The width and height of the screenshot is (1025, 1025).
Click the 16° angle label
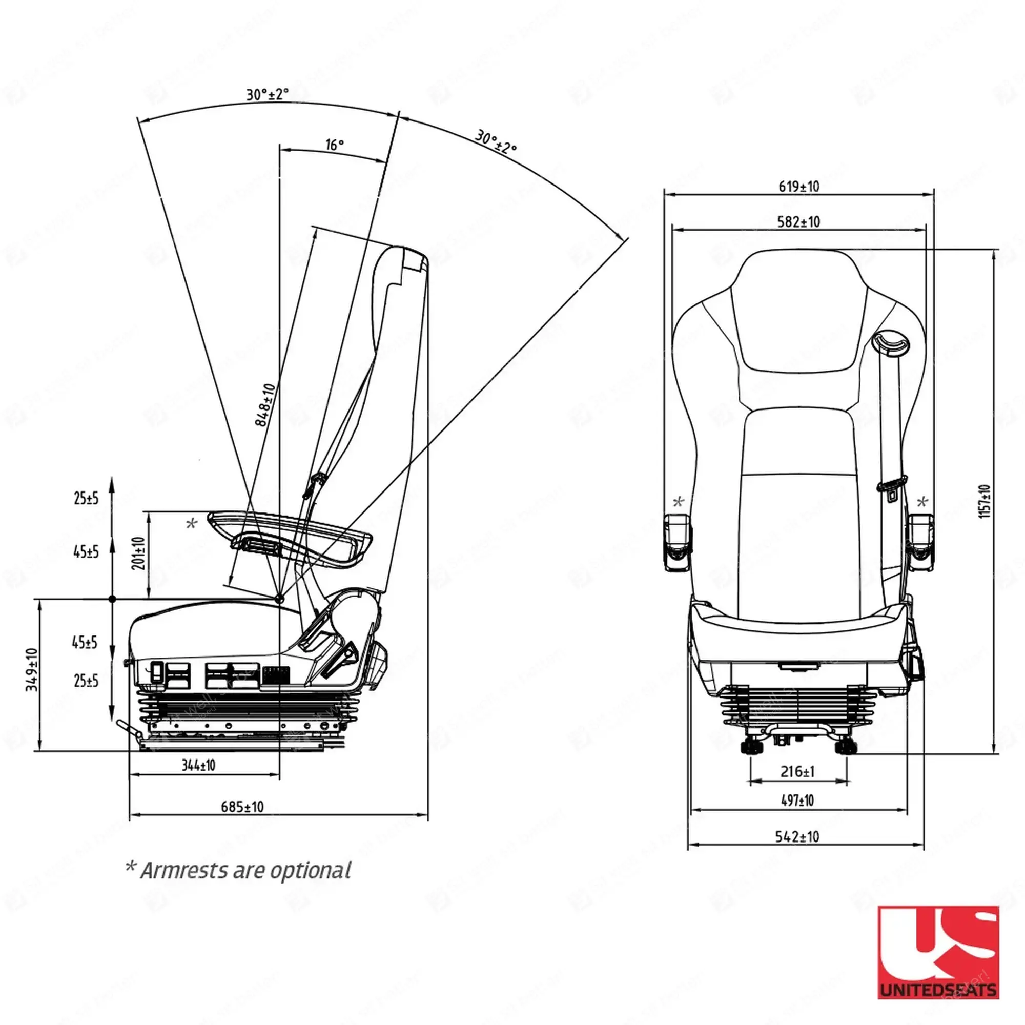(334, 145)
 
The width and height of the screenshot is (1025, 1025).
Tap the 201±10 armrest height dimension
(139, 553)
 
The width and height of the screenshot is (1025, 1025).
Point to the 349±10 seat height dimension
(32, 669)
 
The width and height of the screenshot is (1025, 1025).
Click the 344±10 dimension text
(198, 765)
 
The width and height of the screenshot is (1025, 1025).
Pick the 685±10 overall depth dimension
(242, 806)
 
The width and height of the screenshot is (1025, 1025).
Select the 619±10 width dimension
(798, 186)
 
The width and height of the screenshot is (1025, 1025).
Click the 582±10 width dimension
(798, 221)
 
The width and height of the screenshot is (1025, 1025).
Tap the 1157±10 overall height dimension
(985, 501)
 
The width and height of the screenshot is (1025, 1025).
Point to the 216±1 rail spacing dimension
(797, 771)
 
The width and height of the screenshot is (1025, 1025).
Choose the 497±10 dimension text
(797, 800)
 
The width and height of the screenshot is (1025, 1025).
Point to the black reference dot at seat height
(112, 599)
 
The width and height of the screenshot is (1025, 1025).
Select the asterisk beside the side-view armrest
(192, 524)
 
